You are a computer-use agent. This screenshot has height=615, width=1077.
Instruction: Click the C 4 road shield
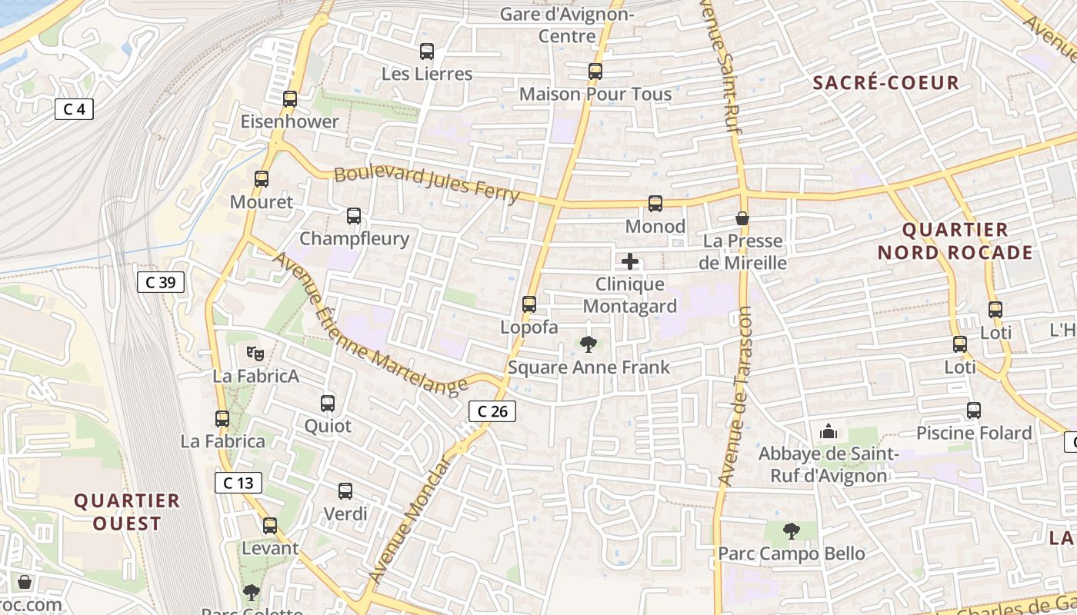point(74,109)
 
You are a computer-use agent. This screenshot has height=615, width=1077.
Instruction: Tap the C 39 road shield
point(160,282)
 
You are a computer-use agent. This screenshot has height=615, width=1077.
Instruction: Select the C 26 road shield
point(492,411)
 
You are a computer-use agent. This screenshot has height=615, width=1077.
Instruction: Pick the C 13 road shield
point(238,483)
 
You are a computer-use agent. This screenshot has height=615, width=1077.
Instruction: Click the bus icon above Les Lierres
point(427,52)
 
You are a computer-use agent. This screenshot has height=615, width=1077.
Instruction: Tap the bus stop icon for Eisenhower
point(290,99)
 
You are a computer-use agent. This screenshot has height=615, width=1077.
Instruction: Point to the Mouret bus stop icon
point(262,180)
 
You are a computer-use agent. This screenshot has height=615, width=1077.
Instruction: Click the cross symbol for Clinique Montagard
point(630,261)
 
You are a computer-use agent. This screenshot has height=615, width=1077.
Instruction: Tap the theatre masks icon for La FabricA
point(255,354)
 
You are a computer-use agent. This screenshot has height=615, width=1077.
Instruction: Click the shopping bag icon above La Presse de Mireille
point(742,219)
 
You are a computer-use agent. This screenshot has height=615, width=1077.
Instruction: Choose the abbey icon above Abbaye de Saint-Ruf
point(829,431)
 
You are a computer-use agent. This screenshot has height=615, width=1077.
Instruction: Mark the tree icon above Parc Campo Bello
point(791,531)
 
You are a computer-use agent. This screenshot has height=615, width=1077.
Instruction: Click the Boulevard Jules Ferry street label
point(427,184)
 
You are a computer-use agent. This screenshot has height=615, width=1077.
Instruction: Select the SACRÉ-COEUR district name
point(887,83)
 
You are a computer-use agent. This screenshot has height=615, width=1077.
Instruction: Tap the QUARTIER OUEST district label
point(127,512)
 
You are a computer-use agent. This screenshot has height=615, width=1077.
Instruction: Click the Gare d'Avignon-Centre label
point(567,25)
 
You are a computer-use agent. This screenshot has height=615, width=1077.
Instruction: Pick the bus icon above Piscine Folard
point(974,411)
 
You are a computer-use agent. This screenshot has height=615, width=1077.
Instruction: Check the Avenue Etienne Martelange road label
point(369,323)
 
